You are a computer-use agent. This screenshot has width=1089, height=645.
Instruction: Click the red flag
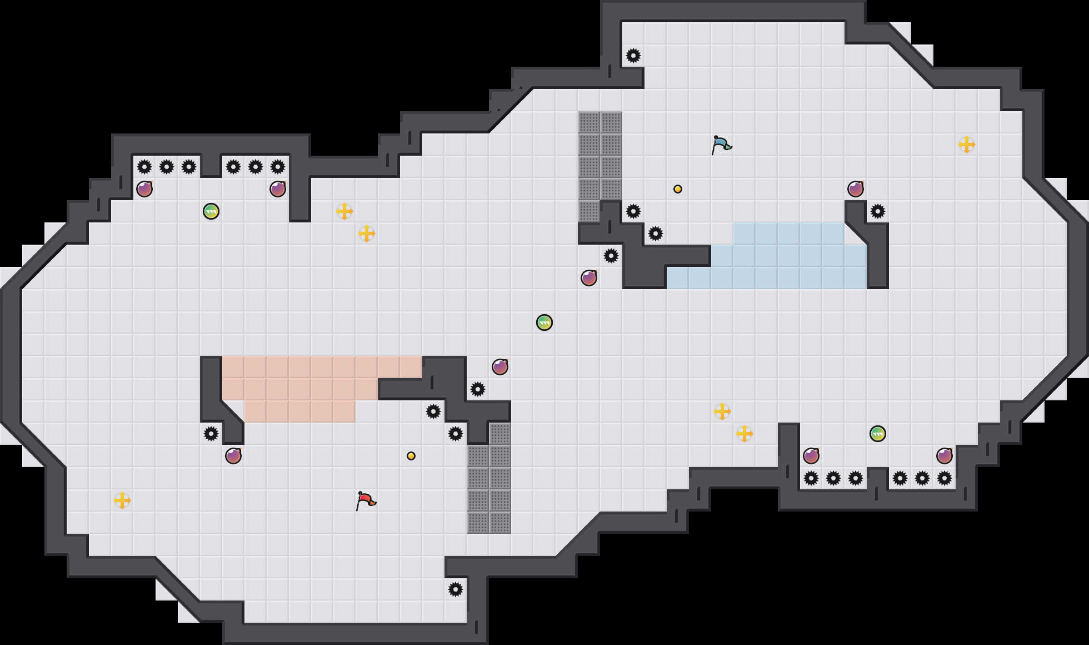point(365,500)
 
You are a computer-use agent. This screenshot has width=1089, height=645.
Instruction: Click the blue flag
point(721,145)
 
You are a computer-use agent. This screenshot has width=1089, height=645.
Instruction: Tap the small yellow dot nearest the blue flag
point(678,189)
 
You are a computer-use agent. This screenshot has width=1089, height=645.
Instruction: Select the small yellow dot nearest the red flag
point(411,456)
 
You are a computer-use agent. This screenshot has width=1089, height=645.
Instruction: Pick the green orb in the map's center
point(544,322)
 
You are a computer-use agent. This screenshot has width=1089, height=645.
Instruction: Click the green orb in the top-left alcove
point(211,211)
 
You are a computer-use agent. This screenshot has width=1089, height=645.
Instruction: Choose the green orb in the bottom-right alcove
point(878,434)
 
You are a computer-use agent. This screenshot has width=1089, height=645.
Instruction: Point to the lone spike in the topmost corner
point(633,56)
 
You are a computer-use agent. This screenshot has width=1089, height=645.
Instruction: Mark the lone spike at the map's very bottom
point(456,589)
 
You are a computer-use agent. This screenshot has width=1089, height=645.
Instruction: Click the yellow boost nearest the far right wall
point(967,145)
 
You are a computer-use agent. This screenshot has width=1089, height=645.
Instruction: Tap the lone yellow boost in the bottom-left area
point(122,500)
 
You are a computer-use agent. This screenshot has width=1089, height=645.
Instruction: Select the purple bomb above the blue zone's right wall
point(856,189)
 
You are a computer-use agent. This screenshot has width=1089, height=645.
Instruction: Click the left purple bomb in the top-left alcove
point(144,189)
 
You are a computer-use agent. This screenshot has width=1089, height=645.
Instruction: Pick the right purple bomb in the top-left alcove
point(278,189)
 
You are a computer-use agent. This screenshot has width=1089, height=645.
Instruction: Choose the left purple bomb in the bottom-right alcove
point(811,456)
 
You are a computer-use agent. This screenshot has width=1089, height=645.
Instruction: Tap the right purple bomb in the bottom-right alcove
point(945,456)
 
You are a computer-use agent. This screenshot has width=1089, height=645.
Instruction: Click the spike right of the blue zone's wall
point(878,211)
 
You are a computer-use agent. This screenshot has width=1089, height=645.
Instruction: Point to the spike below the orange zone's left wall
point(211,434)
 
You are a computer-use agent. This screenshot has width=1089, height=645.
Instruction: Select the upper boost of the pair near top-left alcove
point(344,211)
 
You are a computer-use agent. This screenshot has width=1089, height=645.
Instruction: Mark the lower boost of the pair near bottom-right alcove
point(745,434)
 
